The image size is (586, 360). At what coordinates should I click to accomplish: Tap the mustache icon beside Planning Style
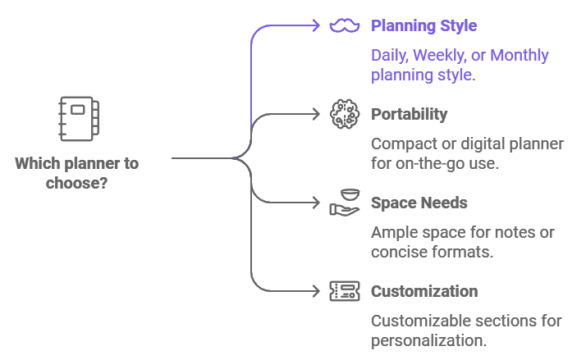tap(345, 26)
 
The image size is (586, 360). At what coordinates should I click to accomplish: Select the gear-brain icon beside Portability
tap(345, 114)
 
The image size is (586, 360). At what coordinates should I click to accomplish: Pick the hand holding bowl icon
tap(345, 203)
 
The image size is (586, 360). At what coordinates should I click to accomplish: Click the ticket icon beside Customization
tap(345, 290)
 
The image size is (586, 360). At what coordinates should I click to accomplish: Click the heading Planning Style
tap(423, 25)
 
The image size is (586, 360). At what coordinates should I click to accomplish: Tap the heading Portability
tap(409, 114)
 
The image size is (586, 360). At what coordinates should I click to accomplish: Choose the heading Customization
tap(424, 291)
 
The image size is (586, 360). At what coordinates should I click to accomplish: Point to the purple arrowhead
tap(316, 26)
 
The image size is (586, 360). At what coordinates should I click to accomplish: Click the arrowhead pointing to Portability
tap(316, 114)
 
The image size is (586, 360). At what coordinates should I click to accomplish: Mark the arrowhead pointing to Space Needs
tap(316, 203)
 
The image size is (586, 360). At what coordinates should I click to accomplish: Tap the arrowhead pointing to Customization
tap(316, 290)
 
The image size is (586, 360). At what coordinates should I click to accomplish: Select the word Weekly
tap(441, 56)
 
